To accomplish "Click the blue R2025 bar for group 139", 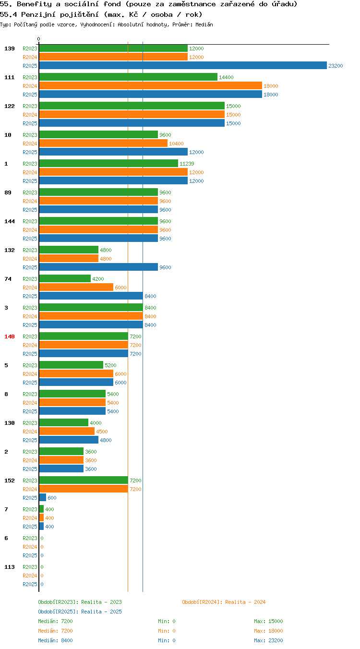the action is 183,65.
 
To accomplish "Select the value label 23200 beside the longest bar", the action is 336,66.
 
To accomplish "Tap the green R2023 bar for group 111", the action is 128,77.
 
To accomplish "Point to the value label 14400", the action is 226,77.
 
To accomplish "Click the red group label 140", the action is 10,337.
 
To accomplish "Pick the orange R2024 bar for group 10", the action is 103,143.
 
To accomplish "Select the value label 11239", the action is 187,164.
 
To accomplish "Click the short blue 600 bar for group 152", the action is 43,497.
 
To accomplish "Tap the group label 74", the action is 8,279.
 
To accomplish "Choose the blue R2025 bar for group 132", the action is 98,267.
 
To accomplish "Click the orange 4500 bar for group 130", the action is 67,431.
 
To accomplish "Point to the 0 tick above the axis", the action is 38,39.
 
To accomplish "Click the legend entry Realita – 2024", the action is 224,602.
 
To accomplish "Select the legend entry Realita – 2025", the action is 80,612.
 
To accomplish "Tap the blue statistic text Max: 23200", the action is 268,640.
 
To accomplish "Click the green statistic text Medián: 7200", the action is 55,621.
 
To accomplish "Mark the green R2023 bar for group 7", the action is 41,509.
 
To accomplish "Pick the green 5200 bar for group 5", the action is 71,365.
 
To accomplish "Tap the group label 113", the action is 10,567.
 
